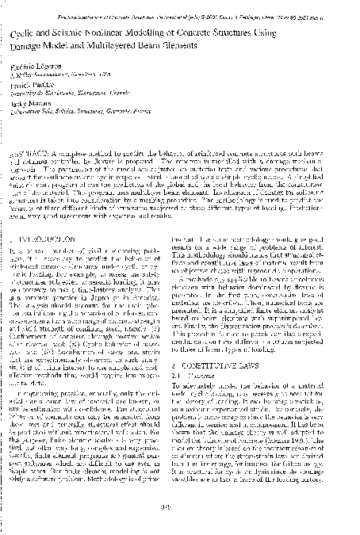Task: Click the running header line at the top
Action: pyautogui.click(x=179, y=8)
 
